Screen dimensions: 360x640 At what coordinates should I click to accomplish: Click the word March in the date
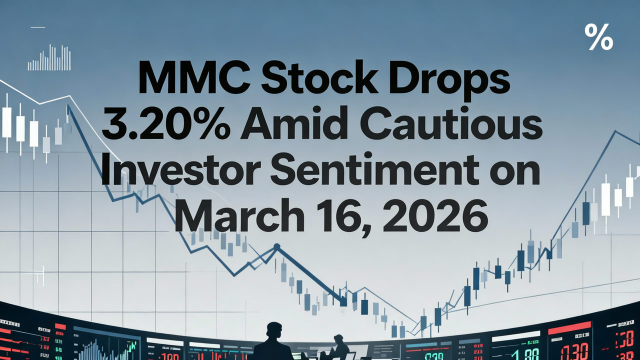238,216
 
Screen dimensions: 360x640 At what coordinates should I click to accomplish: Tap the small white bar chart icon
49,58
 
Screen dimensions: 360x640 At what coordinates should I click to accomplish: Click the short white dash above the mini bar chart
37,27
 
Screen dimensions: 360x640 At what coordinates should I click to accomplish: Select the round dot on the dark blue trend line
276,246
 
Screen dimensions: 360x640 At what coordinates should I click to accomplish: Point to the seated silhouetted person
338,346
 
